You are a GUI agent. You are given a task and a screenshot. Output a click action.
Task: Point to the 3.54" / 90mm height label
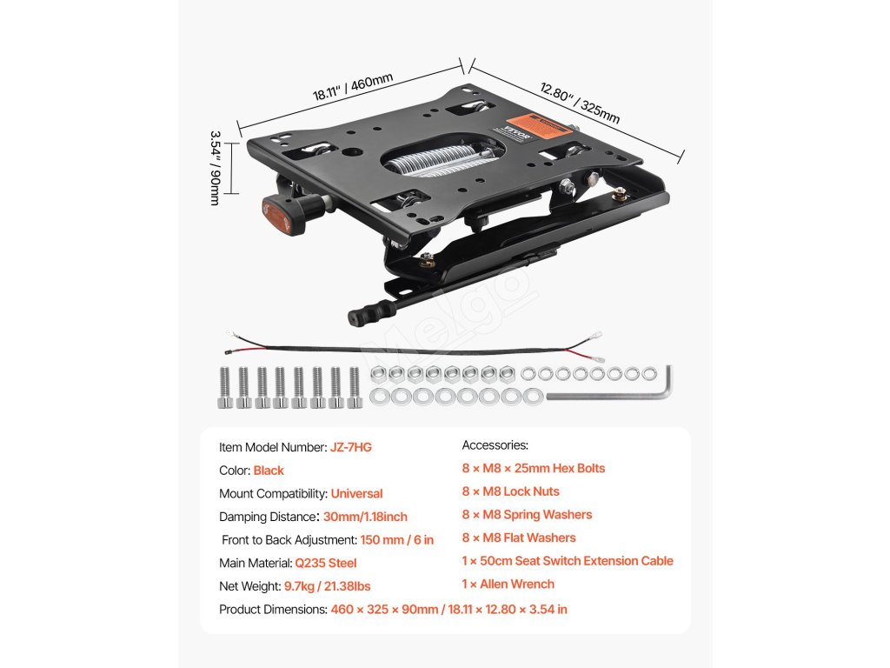[216, 168]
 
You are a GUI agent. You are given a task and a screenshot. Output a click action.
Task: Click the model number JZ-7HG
[351, 447]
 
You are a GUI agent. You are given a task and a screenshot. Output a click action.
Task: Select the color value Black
[269, 471]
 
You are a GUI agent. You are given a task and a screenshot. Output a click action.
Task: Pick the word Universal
[356, 493]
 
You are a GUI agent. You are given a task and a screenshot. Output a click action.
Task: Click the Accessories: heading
[495, 445]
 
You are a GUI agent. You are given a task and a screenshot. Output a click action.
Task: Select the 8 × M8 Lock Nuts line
[510, 491]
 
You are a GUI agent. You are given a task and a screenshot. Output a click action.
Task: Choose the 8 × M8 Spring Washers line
[527, 515]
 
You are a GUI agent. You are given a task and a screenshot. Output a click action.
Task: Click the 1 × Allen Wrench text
[508, 584]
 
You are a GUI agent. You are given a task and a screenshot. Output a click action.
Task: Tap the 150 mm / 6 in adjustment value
[397, 540]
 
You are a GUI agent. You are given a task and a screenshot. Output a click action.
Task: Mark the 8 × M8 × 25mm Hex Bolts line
[533, 468]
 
